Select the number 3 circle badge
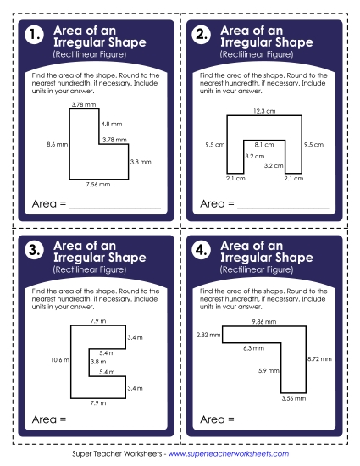pyautogui.click(x=35, y=251)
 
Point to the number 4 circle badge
pyautogui.click(x=202, y=251)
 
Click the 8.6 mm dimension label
pyautogui.click(x=56, y=145)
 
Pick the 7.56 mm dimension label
pyautogui.click(x=97, y=184)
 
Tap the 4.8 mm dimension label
pyautogui.click(x=112, y=124)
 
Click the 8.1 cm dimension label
pyautogui.click(x=263, y=144)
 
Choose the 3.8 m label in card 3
pyautogui.click(x=97, y=361)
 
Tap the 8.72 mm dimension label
pyautogui.click(x=318, y=359)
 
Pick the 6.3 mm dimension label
pyautogui.click(x=253, y=347)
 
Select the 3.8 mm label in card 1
pyautogui.click(x=141, y=161)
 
